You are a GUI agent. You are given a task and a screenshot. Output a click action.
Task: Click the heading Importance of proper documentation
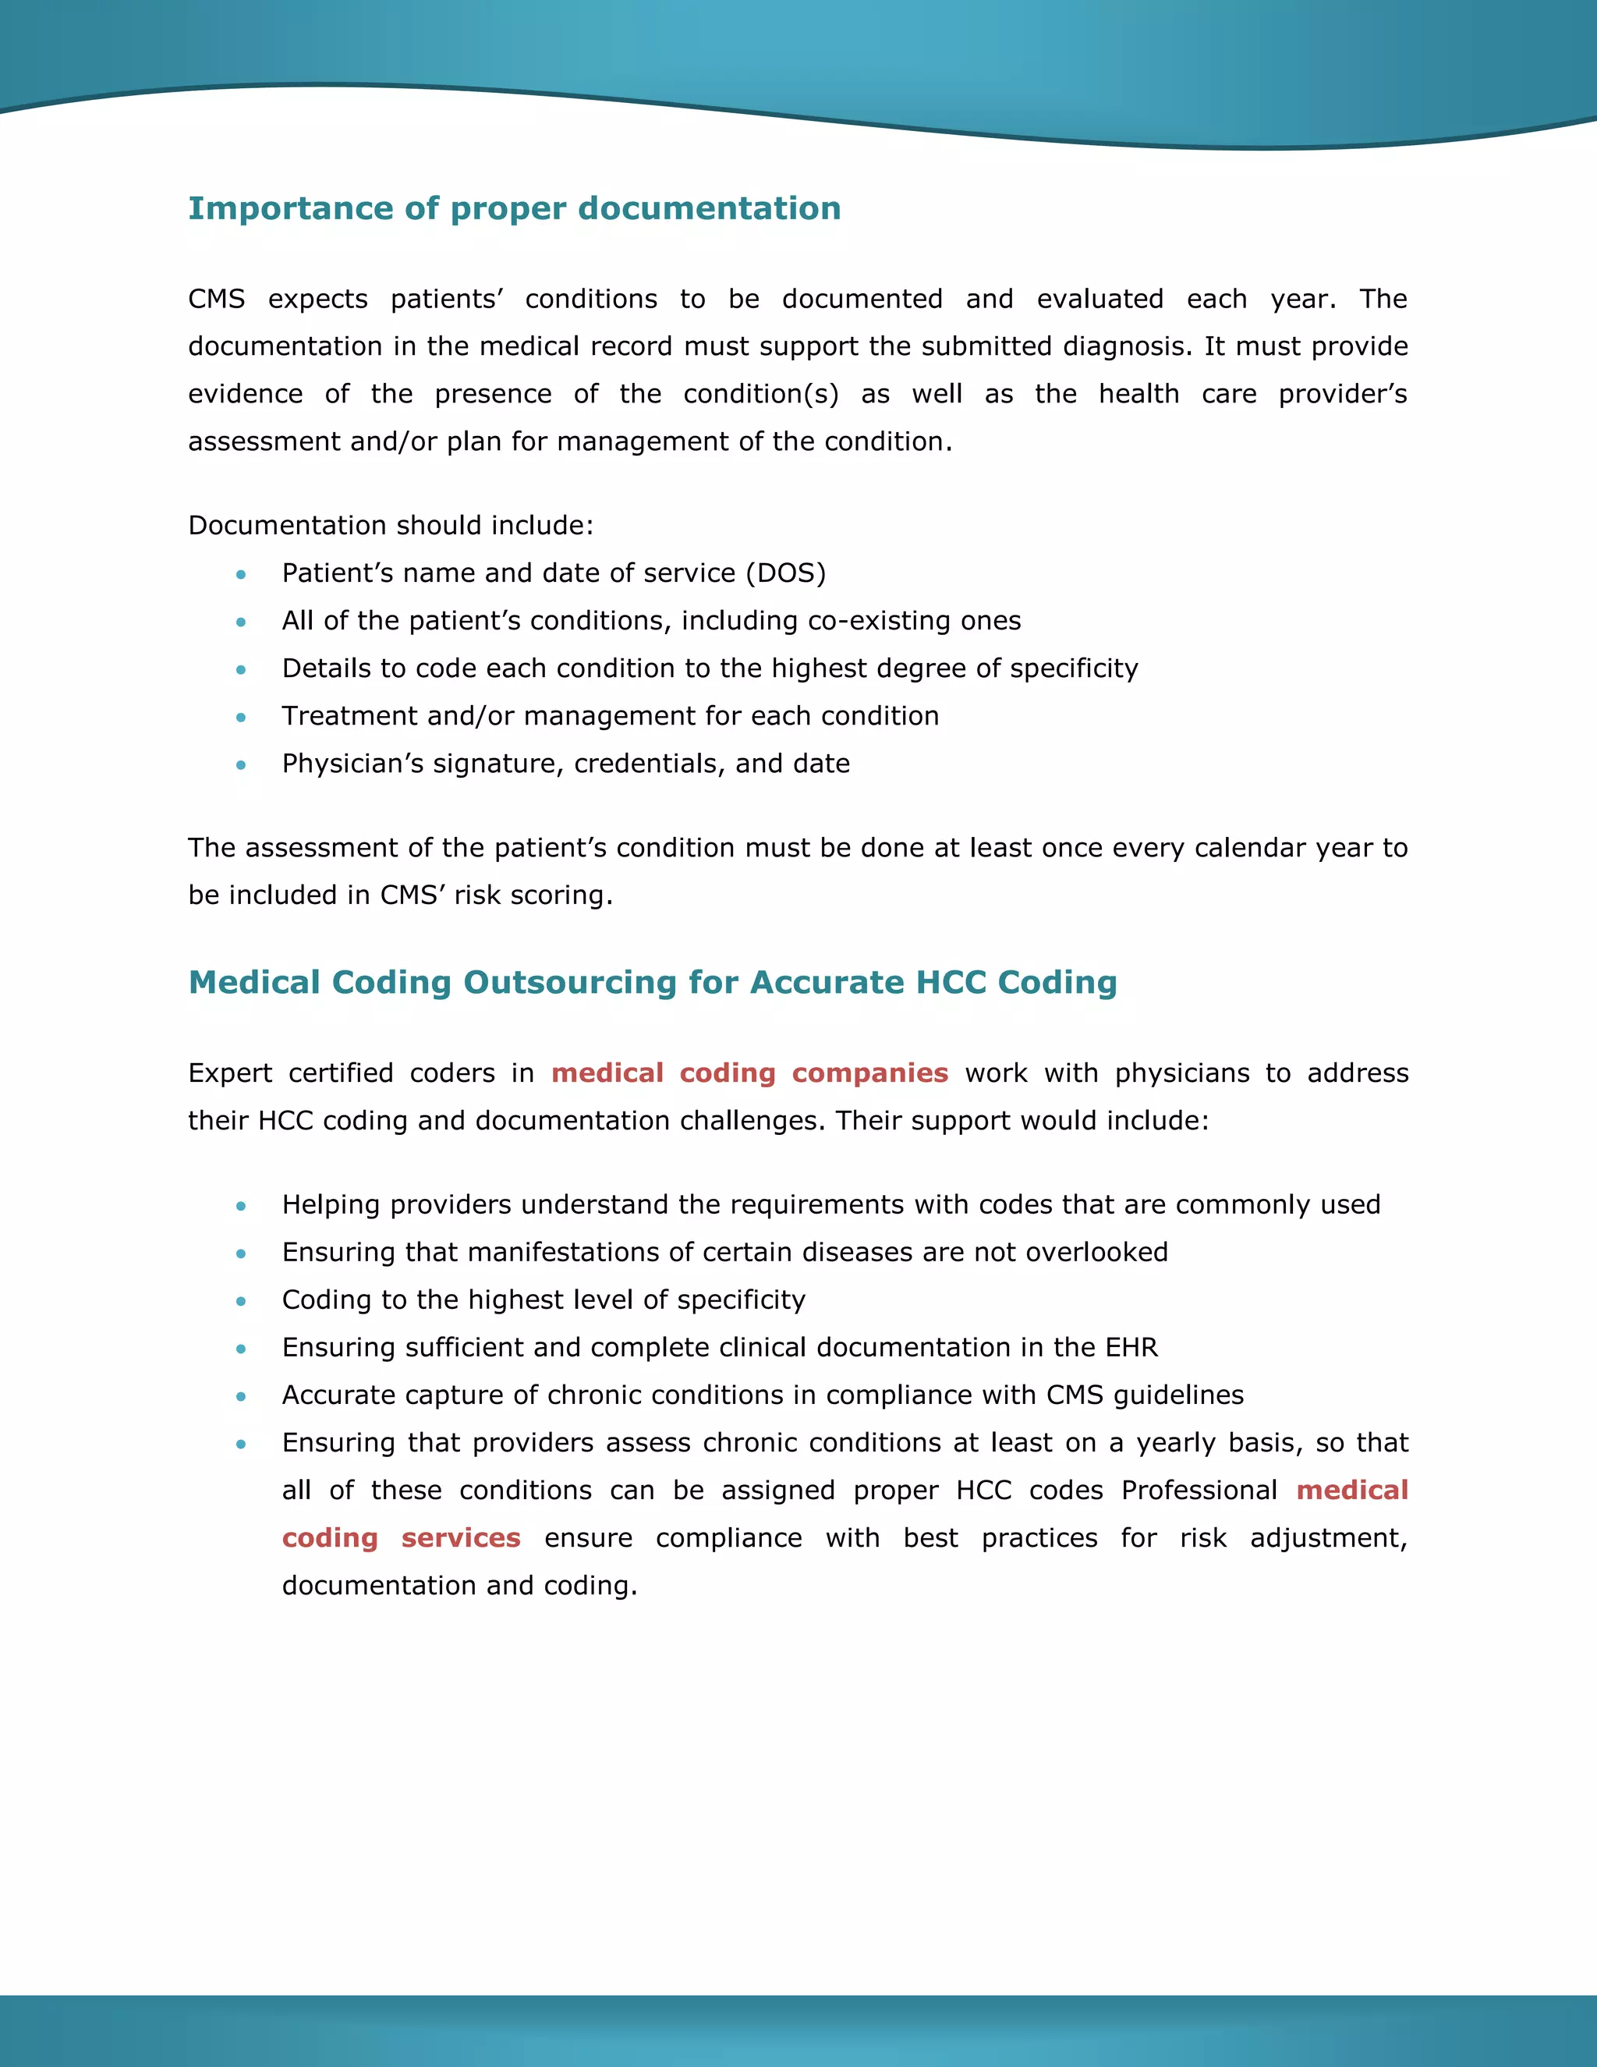tap(514, 208)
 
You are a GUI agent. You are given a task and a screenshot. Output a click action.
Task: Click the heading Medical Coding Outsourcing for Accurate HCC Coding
tap(652, 982)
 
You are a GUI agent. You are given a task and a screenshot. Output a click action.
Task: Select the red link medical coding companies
tap(749, 1073)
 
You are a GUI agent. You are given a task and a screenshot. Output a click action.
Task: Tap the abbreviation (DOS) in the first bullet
tap(785, 573)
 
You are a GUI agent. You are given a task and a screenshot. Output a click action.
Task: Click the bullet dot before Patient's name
tap(241, 575)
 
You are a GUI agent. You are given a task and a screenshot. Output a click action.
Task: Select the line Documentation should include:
tap(391, 525)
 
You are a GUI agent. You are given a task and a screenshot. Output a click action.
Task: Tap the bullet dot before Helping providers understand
tap(241, 1206)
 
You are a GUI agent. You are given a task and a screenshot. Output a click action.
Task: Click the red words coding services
tap(401, 1538)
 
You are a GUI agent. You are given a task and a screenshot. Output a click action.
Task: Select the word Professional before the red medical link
tap(1199, 1491)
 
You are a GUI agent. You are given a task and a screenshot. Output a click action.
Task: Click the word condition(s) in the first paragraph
tap(760, 395)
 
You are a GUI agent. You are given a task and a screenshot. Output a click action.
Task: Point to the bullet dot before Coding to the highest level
tap(241, 1301)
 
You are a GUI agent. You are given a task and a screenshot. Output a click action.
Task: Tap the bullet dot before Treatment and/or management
tap(241, 718)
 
